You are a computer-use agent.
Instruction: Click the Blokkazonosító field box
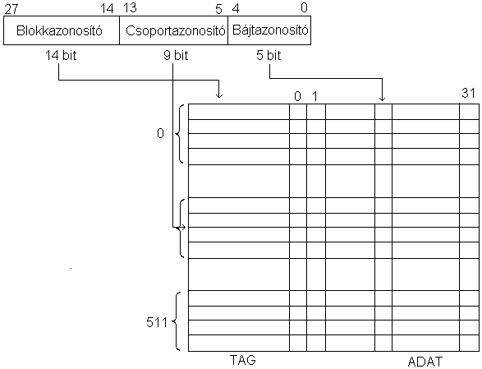click(62, 30)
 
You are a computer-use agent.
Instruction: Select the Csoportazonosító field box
click(174, 30)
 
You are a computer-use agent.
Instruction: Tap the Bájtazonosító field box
click(269, 30)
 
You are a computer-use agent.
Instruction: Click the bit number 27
click(11, 9)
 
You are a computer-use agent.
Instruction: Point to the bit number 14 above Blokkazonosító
click(107, 8)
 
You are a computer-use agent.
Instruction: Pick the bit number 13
click(130, 8)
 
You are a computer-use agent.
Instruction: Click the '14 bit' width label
click(61, 55)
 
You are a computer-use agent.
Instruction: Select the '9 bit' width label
click(176, 55)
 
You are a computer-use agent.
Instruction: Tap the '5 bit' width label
click(269, 55)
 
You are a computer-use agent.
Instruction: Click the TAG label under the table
click(243, 360)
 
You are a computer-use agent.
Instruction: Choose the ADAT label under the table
click(425, 362)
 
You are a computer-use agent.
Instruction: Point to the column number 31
click(469, 93)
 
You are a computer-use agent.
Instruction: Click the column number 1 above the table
click(314, 97)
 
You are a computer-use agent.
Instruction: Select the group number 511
click(157, 322)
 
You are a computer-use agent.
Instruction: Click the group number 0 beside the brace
click(160, 133)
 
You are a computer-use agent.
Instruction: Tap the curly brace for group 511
click(176, 321)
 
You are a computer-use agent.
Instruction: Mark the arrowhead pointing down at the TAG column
click(219, 95)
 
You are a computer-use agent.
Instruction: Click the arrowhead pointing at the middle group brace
click(183, 228)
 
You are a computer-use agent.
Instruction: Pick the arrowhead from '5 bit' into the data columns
click(382, 98)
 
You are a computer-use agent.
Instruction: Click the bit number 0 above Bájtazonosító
click(304, 7)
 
